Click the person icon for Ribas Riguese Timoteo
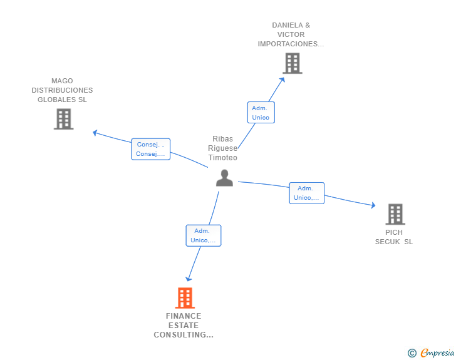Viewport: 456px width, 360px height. coord(224,178)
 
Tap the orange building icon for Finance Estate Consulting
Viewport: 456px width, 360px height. coord(185,298)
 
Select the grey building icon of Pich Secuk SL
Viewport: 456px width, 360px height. coord(395,214)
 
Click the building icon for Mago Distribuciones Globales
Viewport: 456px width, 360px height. coord(63,119)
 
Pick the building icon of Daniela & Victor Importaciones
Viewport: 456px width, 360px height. coord(292,63)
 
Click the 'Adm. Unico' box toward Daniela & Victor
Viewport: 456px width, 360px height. coord(261,113)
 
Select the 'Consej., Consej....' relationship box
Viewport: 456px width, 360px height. coord(150,149)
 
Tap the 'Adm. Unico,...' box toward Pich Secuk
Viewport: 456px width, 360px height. coord(306,193)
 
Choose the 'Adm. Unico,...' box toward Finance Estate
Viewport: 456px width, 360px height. coord(203,235)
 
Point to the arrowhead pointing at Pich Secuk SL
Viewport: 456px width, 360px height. coord(373,205)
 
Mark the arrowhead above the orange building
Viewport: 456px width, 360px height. coord(188,279)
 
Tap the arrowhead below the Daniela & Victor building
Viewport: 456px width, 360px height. coord(282,79)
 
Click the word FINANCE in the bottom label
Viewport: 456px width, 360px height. coord(184,316)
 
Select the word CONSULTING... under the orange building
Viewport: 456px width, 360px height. coord(184,335)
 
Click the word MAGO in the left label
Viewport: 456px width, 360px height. coord(62,81)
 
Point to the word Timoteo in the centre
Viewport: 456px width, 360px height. coord(223,158)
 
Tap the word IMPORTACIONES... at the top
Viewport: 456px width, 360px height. coord(291,44)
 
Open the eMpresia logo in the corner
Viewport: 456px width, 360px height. coord(437,353)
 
